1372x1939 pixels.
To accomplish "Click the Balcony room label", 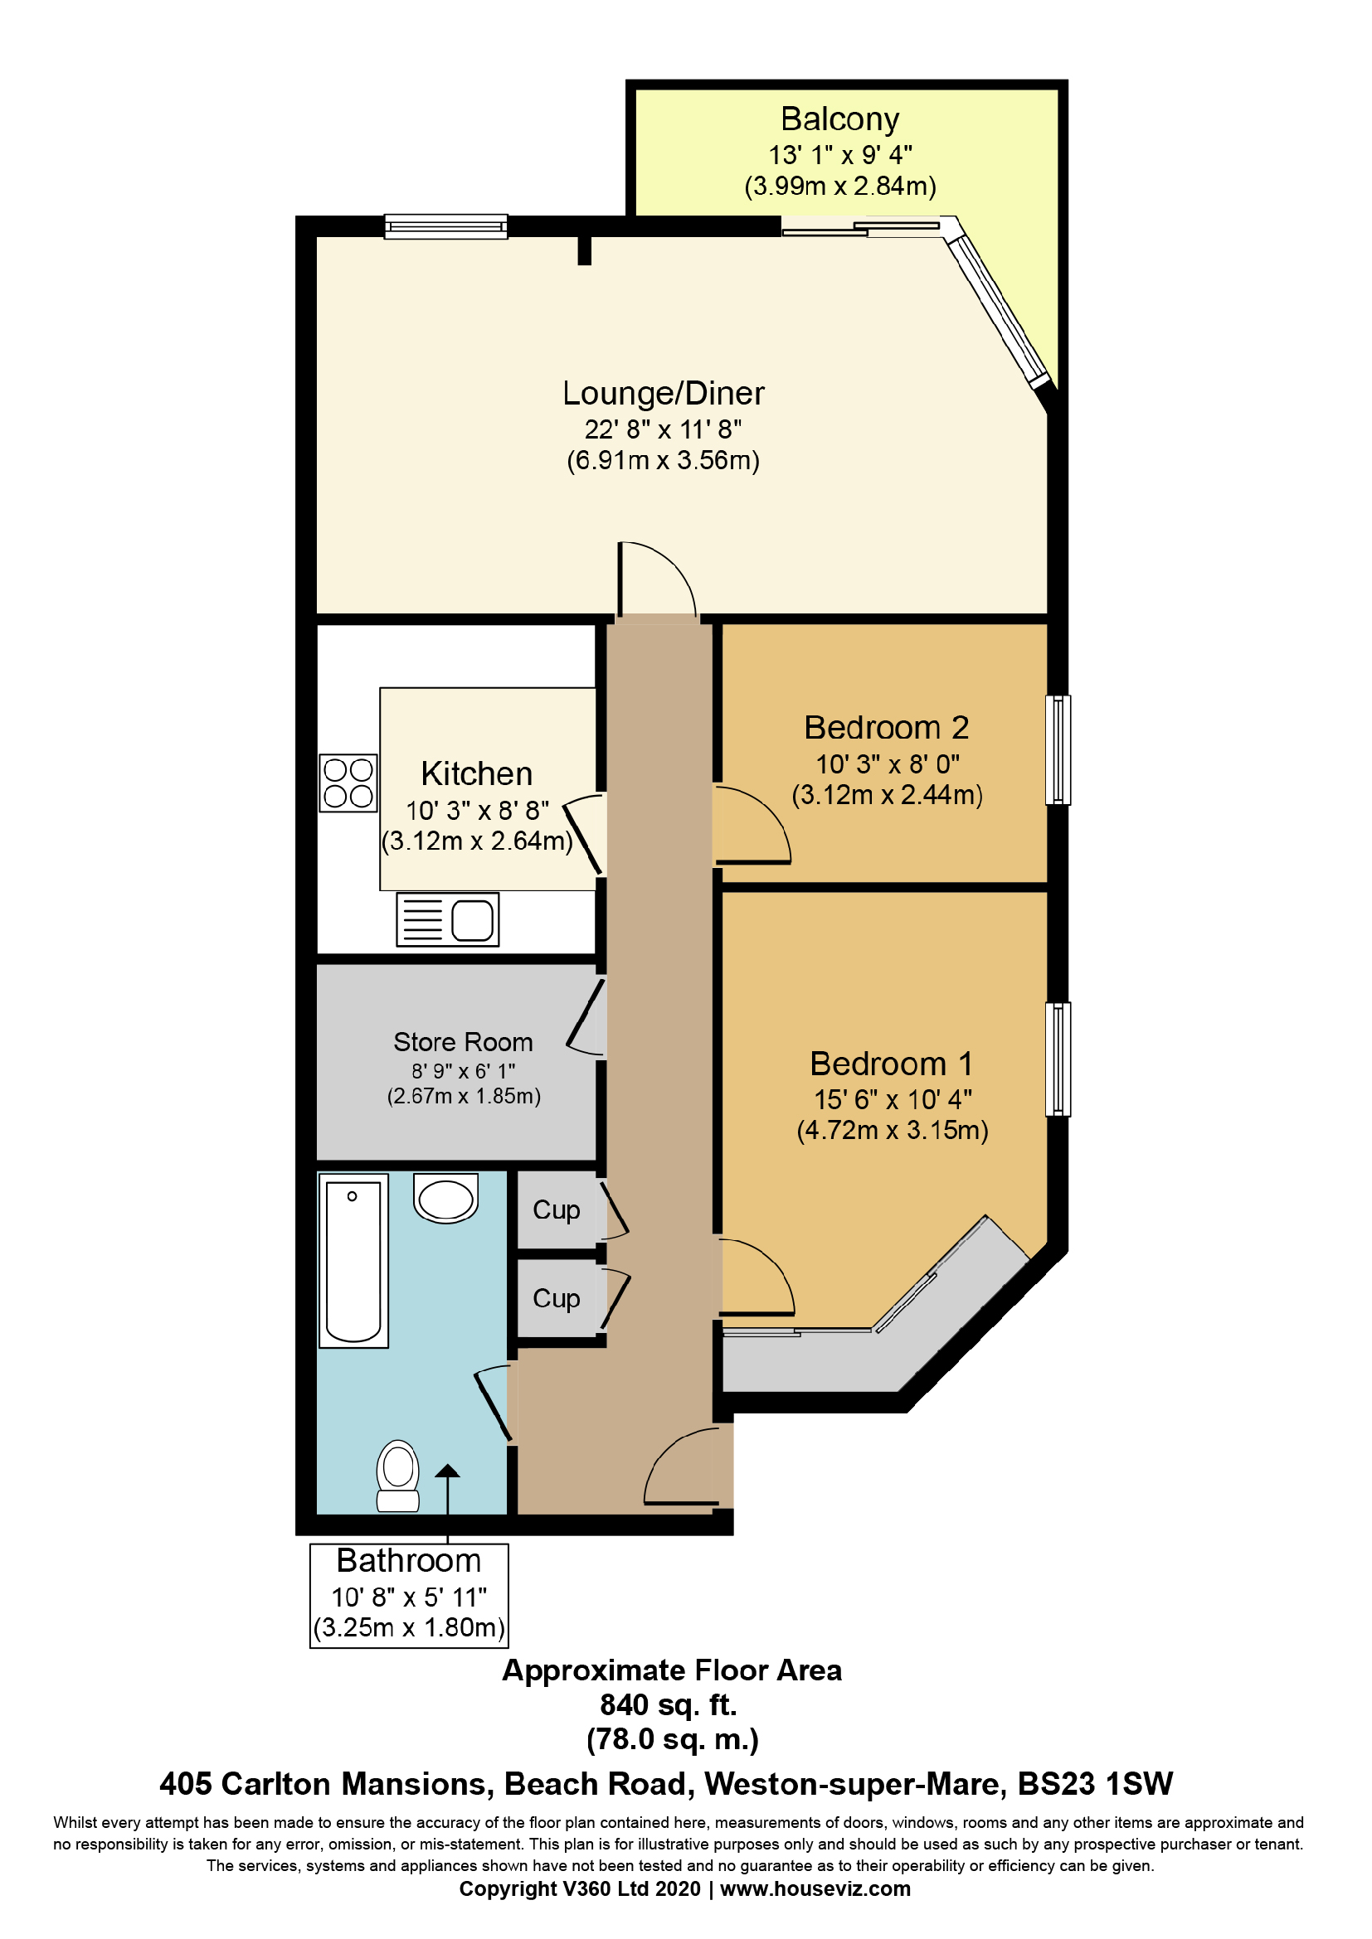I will (x=839, y=119).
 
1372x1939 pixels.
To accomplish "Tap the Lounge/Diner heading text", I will (x=664, y=394).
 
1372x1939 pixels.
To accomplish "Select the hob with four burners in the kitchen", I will (x=348, y=783).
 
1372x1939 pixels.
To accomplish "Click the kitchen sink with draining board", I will (x=448, y=919).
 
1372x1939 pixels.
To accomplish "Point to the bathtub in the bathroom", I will (x=353, y=1261).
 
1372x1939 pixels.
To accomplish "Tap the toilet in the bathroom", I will (x=398, y=1476).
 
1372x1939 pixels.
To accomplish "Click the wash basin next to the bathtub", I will (x=446, y=1198).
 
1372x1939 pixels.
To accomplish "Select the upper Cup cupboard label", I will (x=556, y=1210).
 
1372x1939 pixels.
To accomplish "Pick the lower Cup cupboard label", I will (x=556, y=1299).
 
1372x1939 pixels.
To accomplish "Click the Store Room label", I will (x=463, y=1042).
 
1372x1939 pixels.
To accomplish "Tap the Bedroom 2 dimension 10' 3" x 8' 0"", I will (x=887, y=764).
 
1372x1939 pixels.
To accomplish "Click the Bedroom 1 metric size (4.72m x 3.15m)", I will (x=893, y=1130).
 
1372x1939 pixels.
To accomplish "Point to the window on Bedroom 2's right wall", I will (x=1058, y=749).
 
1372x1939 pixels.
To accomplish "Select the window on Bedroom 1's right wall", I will (x=1058, y=1059).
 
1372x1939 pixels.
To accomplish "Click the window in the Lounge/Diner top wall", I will (x=446, y=226).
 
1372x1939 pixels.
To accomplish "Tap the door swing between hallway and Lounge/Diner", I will (x=657, y=581).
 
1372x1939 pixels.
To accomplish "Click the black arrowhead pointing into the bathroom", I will (x=447, y=1471).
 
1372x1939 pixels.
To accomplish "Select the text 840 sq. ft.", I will (x=669, y=1705).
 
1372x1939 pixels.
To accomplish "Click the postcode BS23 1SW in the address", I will (x=1095, y=1785).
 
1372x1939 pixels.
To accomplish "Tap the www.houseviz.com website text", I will (x=815, y=1889).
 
